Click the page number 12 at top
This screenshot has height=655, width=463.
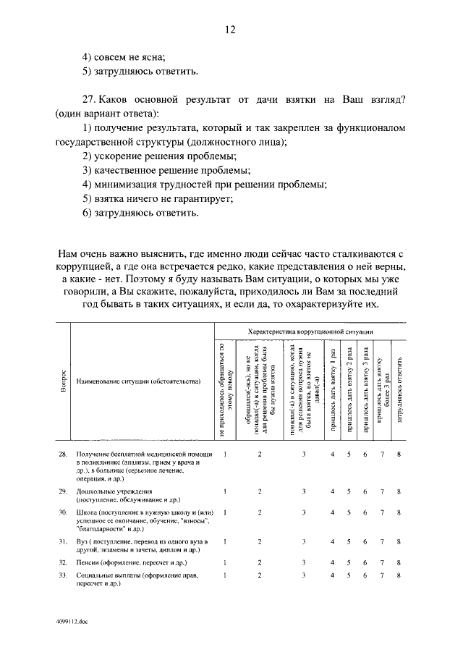pyautogui.click(x=230, y=30)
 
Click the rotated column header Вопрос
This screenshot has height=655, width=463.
pyautogui.click(x=63, y=381)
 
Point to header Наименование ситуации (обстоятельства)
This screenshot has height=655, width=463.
pyautogui.click(x=138, y=380)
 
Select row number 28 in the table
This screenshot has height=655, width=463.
pyautogui.click(x=62, y=454)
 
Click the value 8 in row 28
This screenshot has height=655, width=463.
pyautogui.click(x=399, y=454)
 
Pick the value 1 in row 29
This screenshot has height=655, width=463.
pyautogui.click(x=225, y=491)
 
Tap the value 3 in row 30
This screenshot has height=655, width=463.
pyautogui.click(x=304, y=512)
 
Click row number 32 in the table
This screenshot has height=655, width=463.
pyautogui.click(x=62, y=562)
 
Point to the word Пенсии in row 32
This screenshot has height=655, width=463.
pyautogui.click(x=88, y=562)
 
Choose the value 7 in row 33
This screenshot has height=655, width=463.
pyautogui.click(x=382, y=575)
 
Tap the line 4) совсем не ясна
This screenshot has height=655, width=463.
pyautogui.click(x=124, y=56)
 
